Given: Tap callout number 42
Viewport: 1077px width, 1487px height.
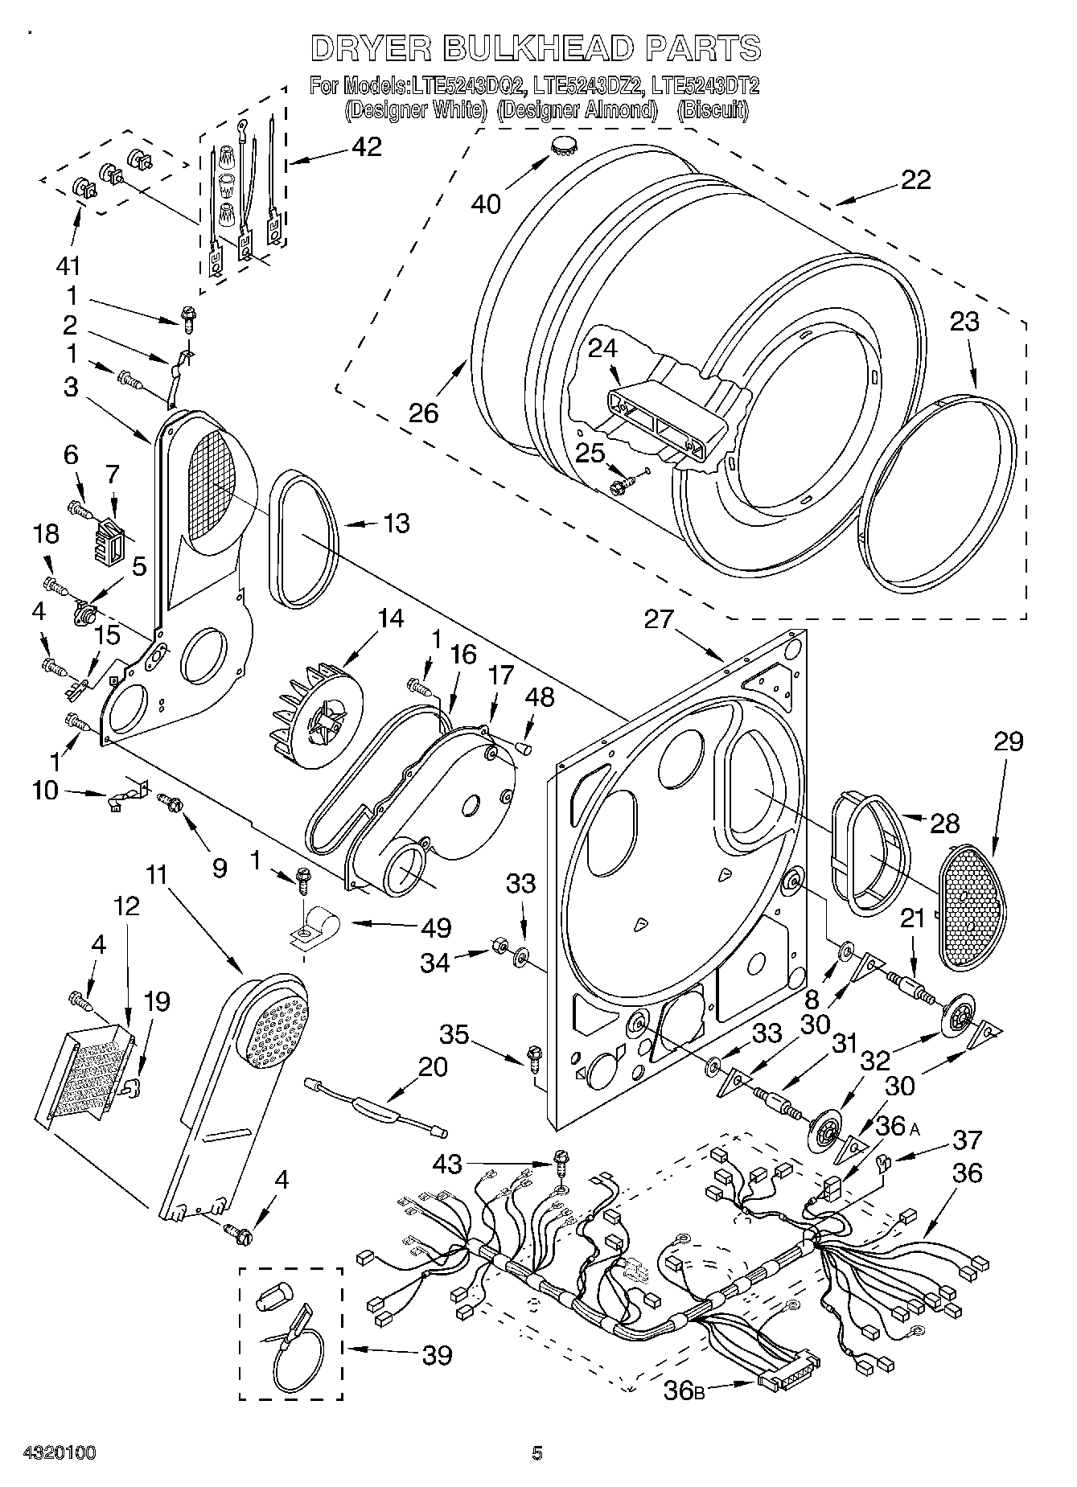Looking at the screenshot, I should (366, 147).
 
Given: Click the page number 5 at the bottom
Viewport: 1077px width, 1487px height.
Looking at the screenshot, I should (537, 1452).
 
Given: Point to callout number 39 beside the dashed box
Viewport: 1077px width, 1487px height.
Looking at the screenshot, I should (438, 1354).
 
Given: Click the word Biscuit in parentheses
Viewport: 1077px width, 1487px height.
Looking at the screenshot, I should (712, 109).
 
